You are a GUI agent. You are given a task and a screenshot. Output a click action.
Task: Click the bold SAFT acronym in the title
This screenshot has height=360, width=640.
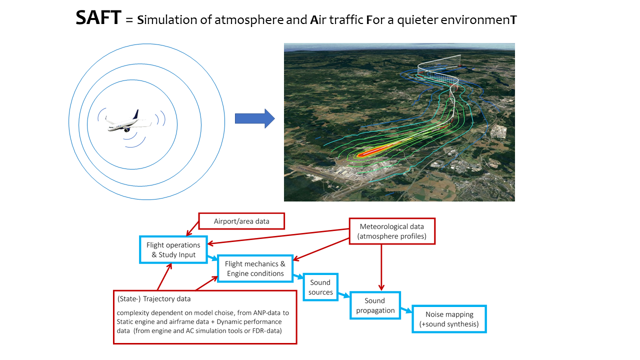click(98, 17)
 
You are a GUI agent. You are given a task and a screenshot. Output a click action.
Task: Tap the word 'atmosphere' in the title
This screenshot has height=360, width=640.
click(249, 19)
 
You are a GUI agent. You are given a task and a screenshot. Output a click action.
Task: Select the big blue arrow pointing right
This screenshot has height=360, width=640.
click(255, 118)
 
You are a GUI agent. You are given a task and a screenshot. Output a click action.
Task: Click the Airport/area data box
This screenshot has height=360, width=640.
click(241, 221)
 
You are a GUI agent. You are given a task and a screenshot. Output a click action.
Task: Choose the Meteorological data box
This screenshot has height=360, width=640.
click(392, 231)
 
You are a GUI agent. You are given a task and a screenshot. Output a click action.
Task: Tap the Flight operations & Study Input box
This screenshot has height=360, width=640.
click(173, 249)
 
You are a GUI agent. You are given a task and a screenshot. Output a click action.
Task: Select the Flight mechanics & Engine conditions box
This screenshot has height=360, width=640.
click(255, 268)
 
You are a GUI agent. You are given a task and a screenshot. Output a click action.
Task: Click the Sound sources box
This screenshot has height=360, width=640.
click(320, 287)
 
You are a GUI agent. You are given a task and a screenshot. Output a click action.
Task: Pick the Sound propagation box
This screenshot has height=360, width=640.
click(375, 305)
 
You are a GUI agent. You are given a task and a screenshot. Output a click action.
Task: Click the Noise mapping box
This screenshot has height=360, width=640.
click(449, 319)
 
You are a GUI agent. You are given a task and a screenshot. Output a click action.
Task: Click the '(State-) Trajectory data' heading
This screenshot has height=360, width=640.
click(153, 299)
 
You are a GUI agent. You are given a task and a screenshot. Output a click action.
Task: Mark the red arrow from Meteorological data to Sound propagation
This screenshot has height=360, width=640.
click(381, 267)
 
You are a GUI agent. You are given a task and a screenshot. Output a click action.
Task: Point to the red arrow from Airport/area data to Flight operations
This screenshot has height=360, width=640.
click(192, 228)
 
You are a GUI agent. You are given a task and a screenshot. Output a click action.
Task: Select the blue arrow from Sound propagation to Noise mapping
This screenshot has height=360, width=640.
click(406, 310)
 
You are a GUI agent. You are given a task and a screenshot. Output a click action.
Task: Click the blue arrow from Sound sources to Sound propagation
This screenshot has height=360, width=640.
click(344, 295)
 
